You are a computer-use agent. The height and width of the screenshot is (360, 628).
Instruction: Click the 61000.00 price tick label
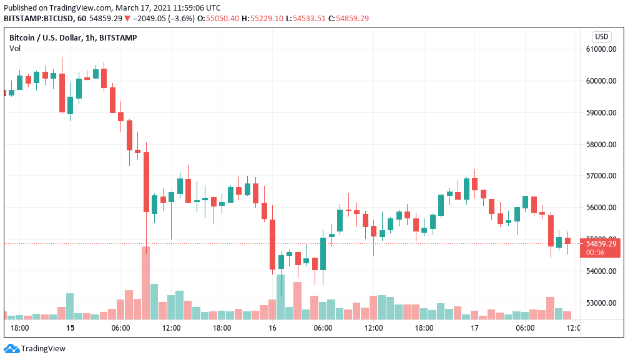(601, 49)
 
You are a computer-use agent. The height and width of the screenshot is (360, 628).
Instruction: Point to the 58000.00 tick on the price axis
(601, 145)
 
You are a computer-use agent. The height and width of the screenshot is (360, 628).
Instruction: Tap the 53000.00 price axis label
(601, 303)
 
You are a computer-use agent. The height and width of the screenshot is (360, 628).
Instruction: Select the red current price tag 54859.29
(601, 243)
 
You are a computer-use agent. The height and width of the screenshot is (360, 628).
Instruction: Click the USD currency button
(602, 37)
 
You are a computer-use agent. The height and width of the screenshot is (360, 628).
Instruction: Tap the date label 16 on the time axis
(272, 328)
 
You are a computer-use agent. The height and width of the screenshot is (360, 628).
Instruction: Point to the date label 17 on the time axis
(474, 328)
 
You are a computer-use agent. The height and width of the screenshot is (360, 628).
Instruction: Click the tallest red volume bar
(146, 283)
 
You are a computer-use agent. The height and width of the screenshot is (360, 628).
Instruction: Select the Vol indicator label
(15, 48)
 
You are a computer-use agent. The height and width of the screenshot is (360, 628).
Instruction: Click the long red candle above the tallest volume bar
(146, 182)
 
